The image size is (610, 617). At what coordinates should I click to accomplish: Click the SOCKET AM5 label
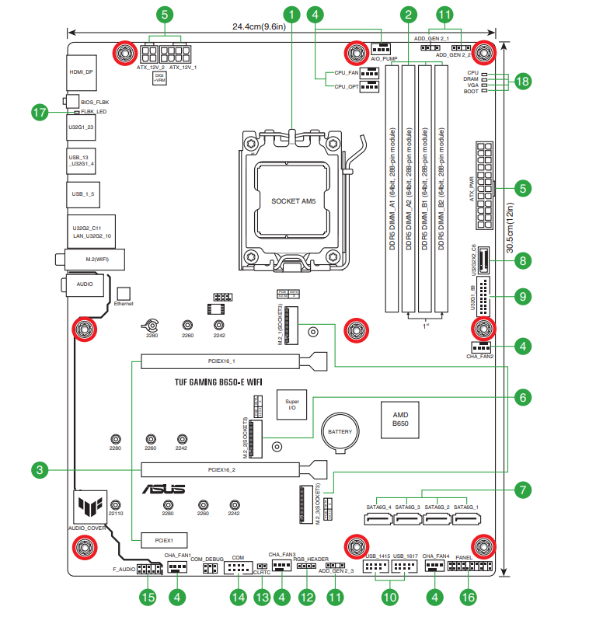coord(294,201)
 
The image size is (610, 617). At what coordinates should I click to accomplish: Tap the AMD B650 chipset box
coord(400,420)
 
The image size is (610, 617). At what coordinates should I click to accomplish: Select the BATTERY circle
coord(340,432)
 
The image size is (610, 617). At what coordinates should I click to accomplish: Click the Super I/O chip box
coord(292,402)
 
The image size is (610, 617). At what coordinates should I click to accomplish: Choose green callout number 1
coord(291,14)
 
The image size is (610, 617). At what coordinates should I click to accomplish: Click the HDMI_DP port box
coord(82,71)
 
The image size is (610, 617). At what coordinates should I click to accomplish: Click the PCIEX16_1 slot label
coord(221,361)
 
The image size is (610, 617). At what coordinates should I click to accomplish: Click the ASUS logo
coord(163,489)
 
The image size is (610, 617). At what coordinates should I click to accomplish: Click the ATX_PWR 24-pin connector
coord(483,186)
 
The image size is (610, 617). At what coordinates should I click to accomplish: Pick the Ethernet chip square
coord(124,292)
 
